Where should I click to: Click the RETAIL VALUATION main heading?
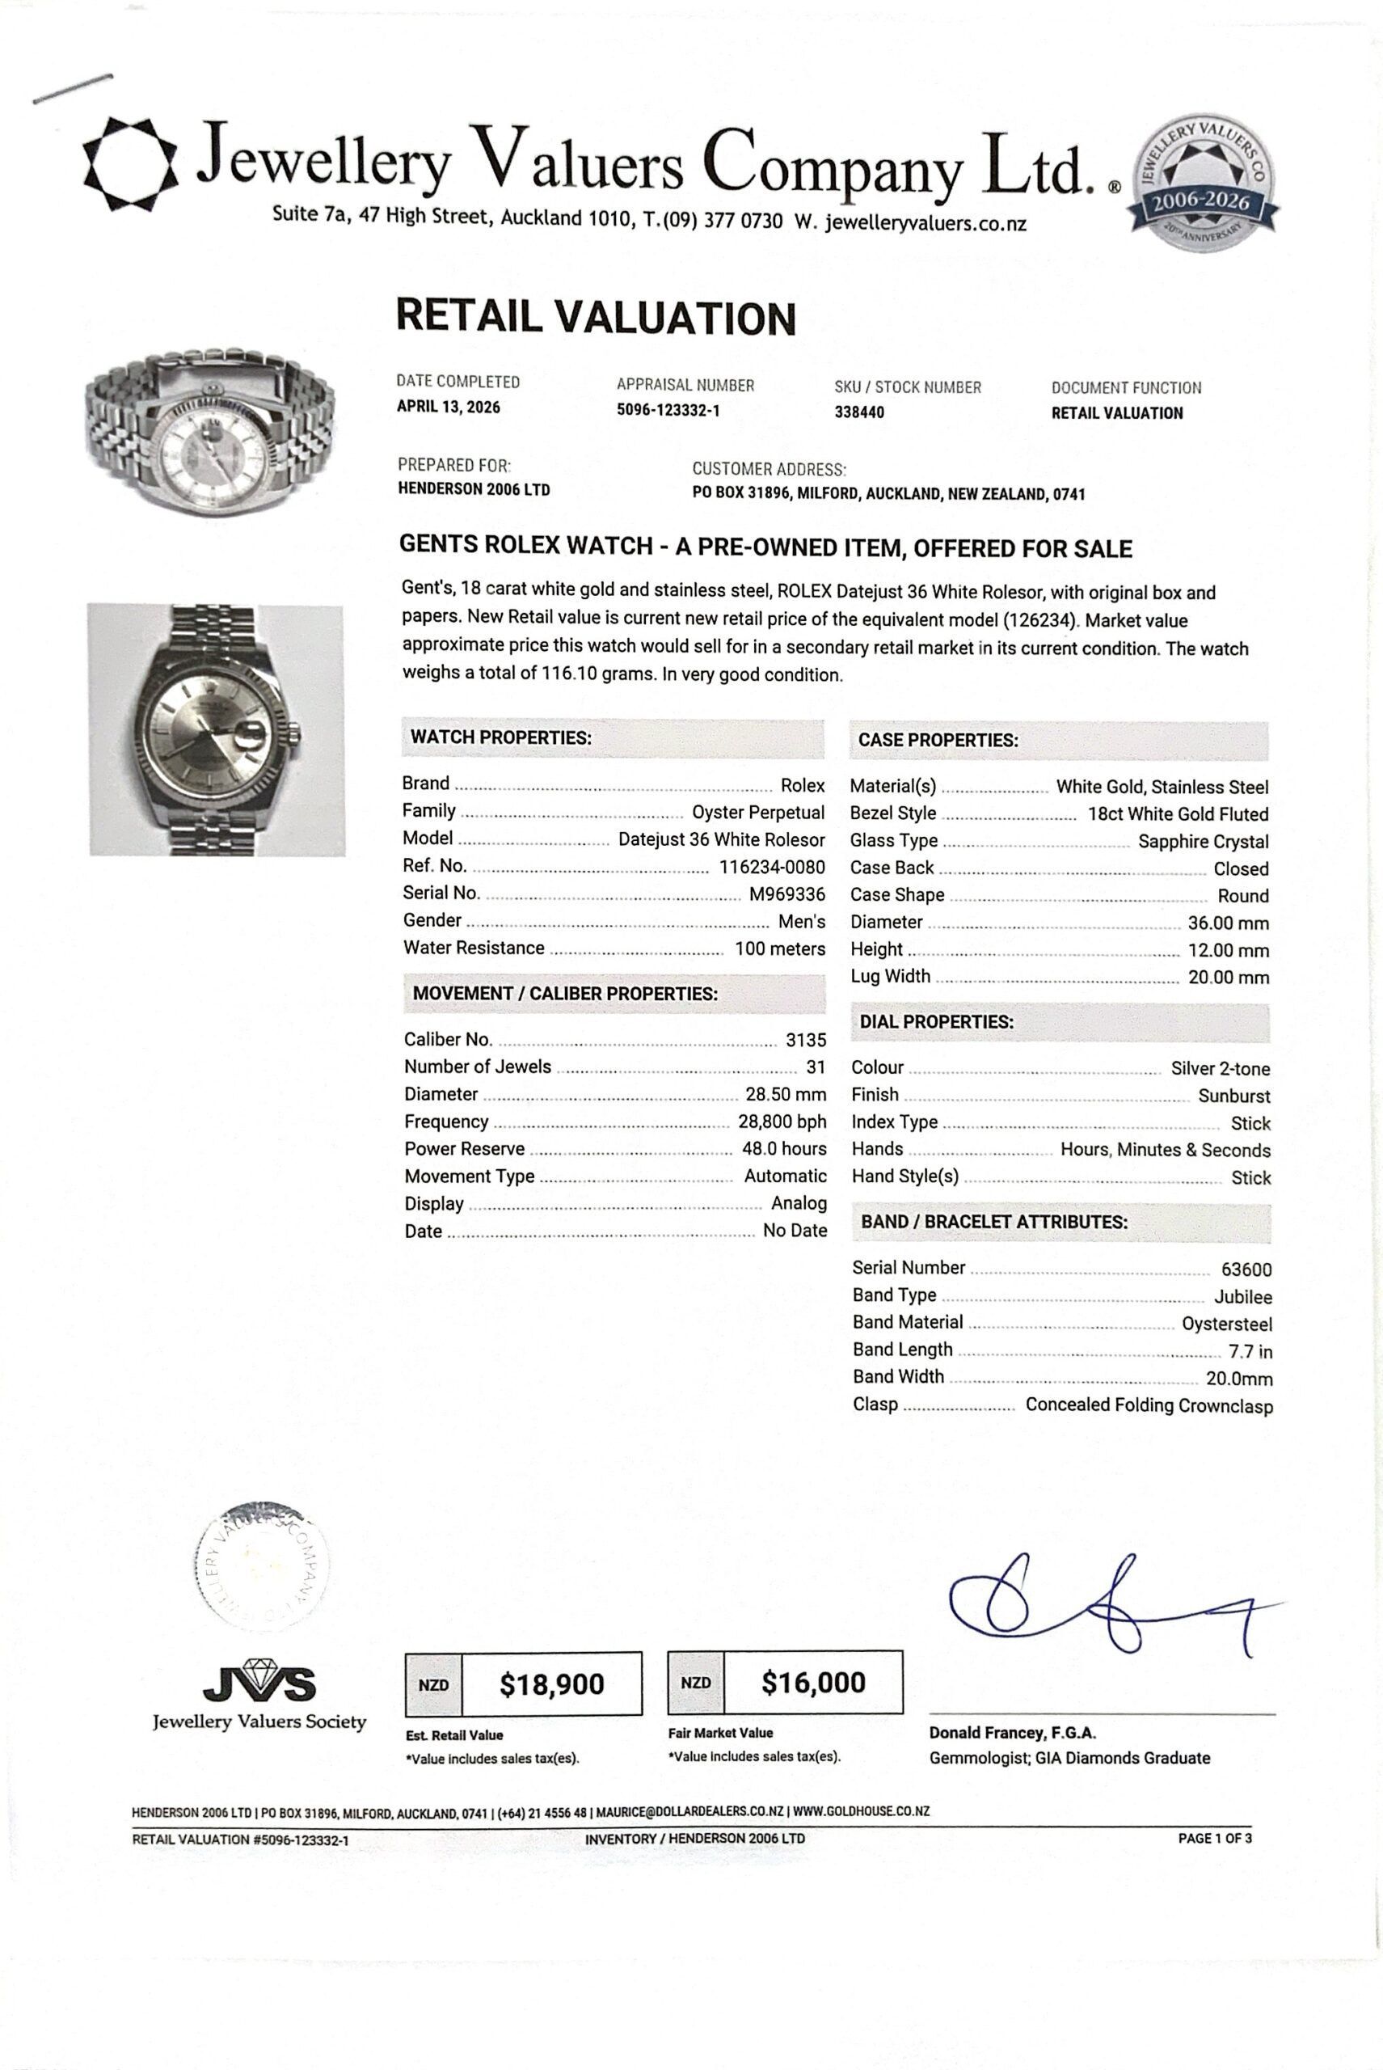click(x=596, y=318)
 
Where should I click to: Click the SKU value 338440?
click(x=859, y=412)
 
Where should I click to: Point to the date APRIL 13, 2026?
click(x=448, y=407)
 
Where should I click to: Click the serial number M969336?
click(x=786, y=893)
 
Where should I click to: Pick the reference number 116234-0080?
click(x=772, y=867)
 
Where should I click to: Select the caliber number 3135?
click(x=805, y=1041)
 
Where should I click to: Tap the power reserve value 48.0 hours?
click(x=784, y=1149)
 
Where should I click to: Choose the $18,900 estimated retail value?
click(x=551, y=1684)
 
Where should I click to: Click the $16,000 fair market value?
click(x=813, y=1683)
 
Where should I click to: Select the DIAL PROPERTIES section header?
click(x=936, y=1022)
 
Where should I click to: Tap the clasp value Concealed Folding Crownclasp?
click(x=1149, y=1405)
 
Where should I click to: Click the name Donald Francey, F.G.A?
click(x=1012, y=1733)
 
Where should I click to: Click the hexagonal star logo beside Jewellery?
click(x=129, y=164)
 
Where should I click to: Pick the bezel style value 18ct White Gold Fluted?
click(x=1178, y=814)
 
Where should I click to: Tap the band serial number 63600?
click(x=1246, y=1269)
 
